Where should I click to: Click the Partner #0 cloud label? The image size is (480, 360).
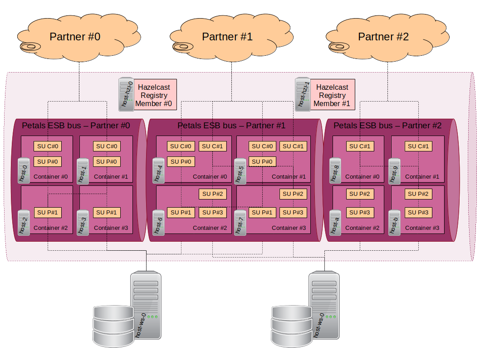coord(75,37)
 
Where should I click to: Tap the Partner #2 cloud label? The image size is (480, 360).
coord(383,37)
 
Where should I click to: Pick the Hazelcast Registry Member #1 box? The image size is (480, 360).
coord(333,95)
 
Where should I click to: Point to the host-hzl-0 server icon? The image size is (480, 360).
coord(126,94)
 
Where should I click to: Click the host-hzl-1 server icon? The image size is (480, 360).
coord(303,94)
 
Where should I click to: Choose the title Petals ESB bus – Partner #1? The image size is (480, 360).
coord(231,126)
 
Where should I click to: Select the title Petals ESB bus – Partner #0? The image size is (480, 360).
coord(76,125)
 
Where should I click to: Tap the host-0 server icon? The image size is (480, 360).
coord(24,170)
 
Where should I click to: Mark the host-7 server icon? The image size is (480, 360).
coord(240,222)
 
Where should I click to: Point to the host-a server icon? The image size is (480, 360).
coord(335,222)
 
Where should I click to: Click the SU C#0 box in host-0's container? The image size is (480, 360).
coord(48,146)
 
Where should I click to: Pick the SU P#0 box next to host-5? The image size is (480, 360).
coord(262,161)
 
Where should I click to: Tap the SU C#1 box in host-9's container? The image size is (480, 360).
coord(418,146)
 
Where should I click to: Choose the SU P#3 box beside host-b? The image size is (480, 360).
coord(418,212)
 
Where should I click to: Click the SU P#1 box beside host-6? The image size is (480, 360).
coord(181,212)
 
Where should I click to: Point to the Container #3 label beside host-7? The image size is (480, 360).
coord(289,228)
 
